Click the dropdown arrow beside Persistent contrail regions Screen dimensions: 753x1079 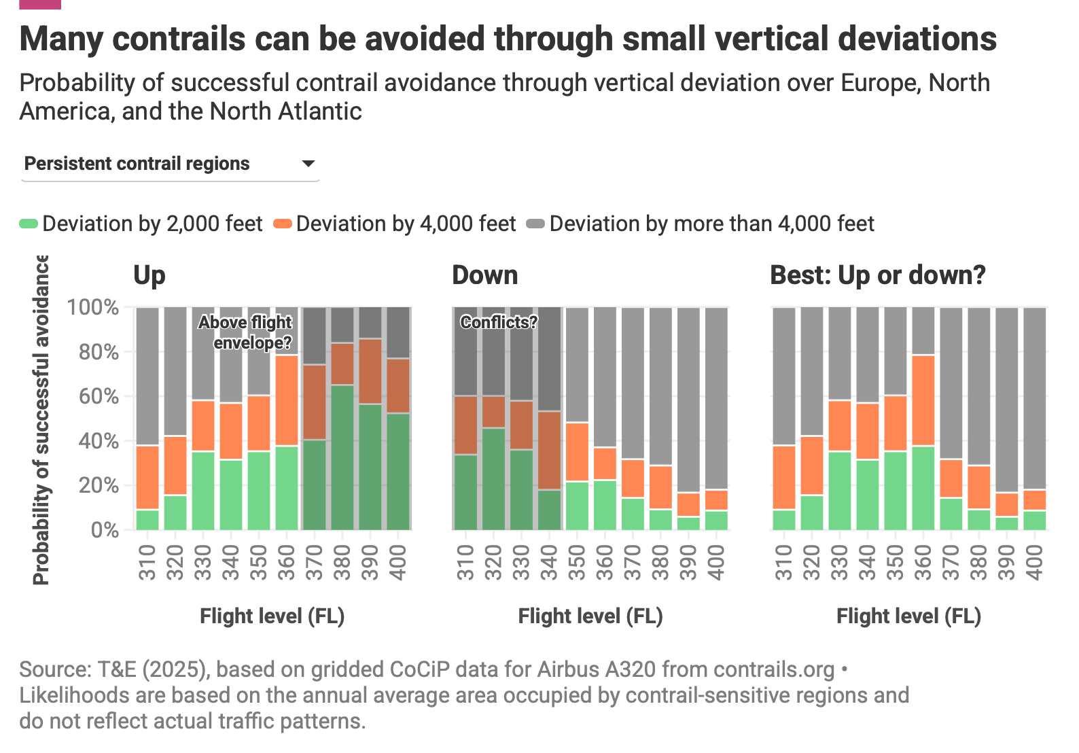tap(308, 164)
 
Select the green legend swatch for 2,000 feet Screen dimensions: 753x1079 tap(29, 224)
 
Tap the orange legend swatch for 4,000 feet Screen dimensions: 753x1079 tap(283, 224)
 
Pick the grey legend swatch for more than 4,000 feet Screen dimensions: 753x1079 tap(536, 224)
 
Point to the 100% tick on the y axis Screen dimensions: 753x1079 tap(93, 307)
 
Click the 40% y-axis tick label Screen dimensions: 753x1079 tap(99, 440)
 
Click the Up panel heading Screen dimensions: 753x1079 tap(149, 275)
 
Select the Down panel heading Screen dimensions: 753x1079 tap(484, 275)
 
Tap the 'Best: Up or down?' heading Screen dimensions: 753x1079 tap(877, 275)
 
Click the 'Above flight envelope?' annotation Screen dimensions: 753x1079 tap(245, 332)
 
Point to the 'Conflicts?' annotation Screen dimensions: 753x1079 tap(499, 322)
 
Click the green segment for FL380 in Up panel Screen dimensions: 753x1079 tap(342, 457)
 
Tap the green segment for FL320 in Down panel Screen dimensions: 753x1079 tap(493, 478)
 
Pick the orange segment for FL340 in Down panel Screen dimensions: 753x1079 tap(549, 450)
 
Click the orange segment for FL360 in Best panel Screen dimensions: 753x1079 tap(923, 400)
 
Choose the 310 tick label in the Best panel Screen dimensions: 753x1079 tap(784, 562)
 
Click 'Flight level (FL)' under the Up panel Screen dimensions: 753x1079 tap(272, 616)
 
